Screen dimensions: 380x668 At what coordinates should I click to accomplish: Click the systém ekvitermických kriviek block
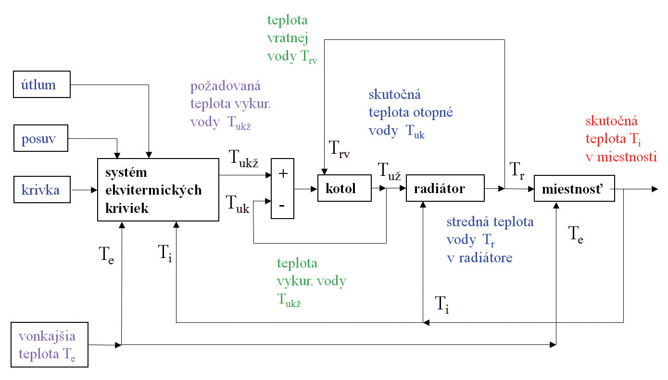point(158,190)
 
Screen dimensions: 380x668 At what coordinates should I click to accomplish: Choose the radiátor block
point(445,189)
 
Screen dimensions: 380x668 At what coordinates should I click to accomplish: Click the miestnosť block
point(574,189)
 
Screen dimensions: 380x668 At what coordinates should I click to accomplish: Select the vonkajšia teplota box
point(50,345)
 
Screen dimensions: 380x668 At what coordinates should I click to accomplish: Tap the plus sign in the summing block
point(283,173)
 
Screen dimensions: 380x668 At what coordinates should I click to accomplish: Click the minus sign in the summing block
point(282,205)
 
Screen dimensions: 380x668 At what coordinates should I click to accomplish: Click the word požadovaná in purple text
point(226,86)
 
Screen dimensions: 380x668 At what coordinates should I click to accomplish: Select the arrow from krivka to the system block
point(84,190)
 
